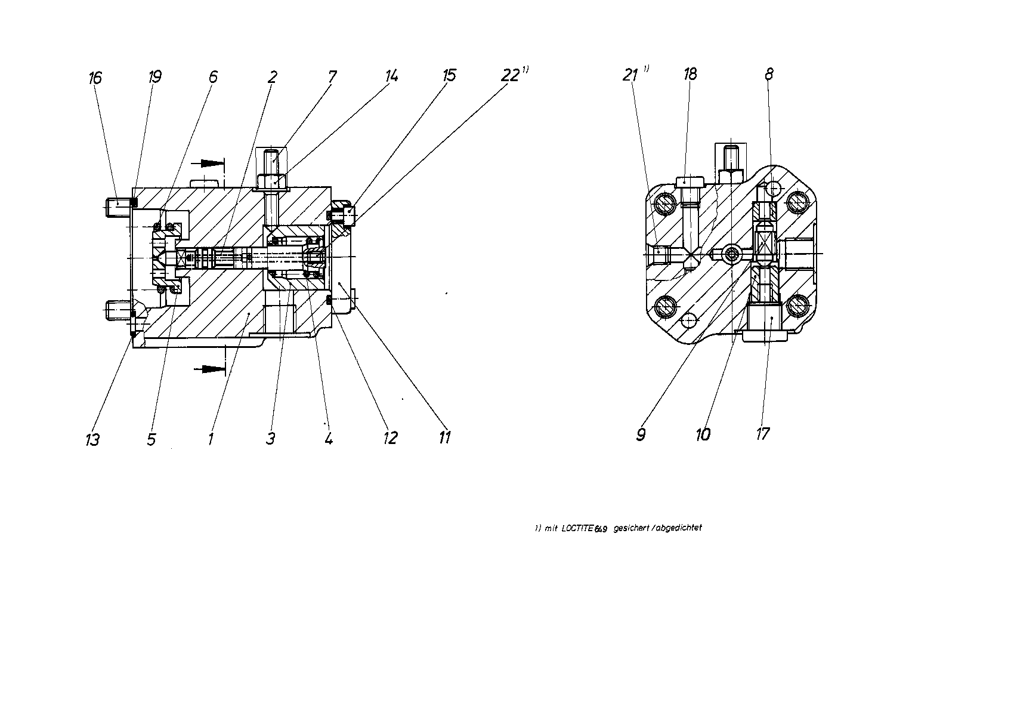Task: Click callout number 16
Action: [x=95, y=78]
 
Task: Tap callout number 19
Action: [x=155, y=77]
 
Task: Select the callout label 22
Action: [x=510, y=76]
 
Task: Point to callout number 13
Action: [x=92, y=439]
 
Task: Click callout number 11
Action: [x=444, y=437]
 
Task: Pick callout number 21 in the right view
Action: [x=630, y=75]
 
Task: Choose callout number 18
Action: [x=690, y=74]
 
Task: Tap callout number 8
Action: [x=769, y=74]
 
